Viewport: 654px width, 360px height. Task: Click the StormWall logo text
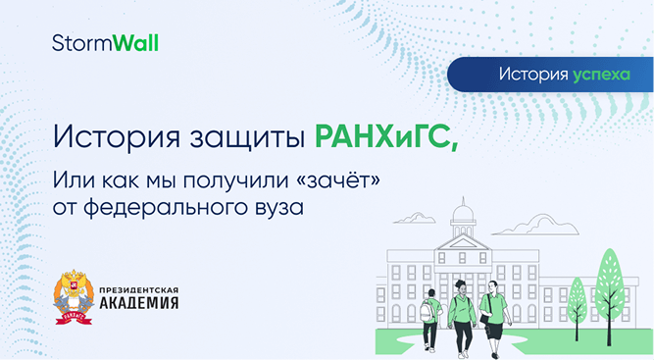(105, 43)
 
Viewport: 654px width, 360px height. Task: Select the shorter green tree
(578, 295)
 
